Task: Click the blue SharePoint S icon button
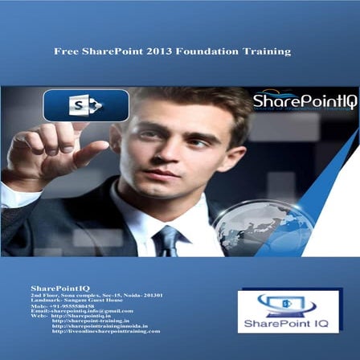tap(86, 105)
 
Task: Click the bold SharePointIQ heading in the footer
tap(60, 287)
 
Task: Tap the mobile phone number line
tap(59, 305)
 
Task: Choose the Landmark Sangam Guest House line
tap(69, 300)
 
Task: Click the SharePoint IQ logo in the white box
tap(287, 311)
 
